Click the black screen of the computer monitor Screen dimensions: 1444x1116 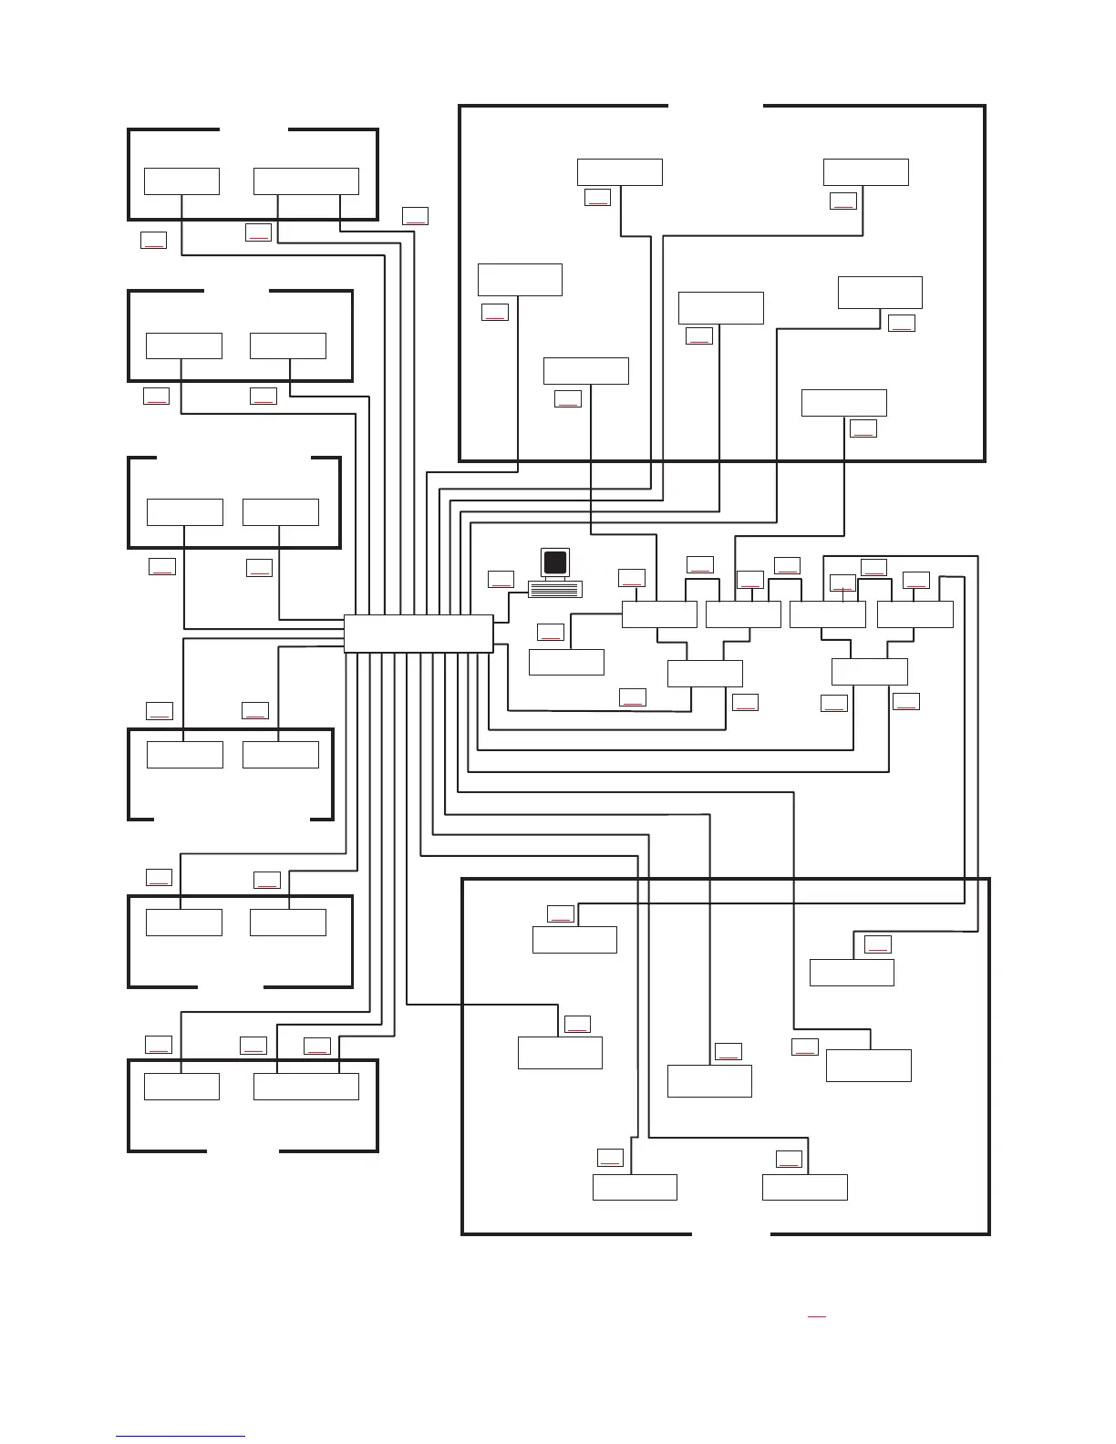(555, 562)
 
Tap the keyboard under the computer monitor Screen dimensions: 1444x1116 (555, 589)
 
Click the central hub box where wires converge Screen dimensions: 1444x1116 (418, 634)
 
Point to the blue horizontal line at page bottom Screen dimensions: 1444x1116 (181, 1437)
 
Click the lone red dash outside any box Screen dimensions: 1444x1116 (816, 1316)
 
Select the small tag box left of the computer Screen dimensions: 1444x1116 (501, 579)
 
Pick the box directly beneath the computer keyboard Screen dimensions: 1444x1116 (566, 662)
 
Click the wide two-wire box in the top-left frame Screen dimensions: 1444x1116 (305, 181)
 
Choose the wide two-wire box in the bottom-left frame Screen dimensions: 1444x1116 (305, 1087)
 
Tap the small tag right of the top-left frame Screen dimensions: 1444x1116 (415, 216)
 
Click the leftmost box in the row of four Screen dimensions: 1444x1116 (659, 614)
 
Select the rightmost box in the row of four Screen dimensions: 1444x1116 (914, 614)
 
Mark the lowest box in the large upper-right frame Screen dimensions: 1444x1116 (843, 403)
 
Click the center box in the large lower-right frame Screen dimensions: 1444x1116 (709, 1081)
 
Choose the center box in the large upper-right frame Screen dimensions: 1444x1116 (720, 308)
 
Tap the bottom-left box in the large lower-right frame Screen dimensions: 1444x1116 (635, 1187)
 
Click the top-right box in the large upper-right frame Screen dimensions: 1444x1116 (865, 172)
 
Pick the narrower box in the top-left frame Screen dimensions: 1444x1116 (181, 181)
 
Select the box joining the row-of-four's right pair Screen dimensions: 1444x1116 (869, 672)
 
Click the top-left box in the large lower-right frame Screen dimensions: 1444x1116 (574, 940)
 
